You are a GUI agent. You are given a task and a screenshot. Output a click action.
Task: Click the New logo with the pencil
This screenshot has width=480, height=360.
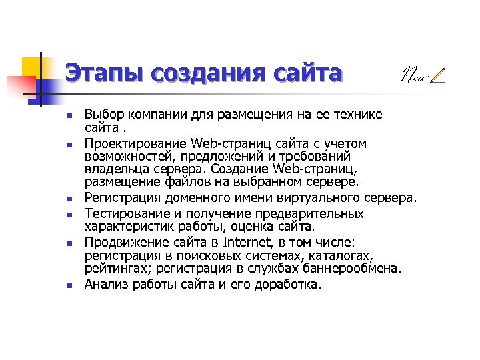tap(422, 75)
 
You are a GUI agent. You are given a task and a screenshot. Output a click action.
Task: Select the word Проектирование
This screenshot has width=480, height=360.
tap(136, 143)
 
